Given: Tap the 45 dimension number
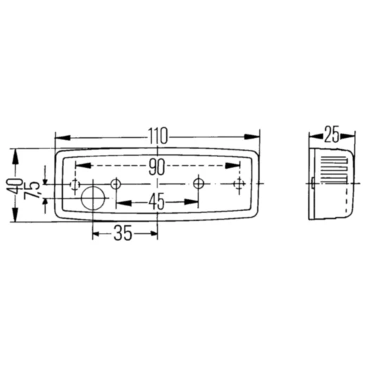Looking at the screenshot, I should pos(156,203).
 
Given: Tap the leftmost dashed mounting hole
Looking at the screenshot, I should pos(74,184).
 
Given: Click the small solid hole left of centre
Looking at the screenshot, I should pos(116,184).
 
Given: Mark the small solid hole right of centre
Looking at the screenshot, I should pos(199,184).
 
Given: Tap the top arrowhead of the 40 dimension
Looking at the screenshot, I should pos(15,152).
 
